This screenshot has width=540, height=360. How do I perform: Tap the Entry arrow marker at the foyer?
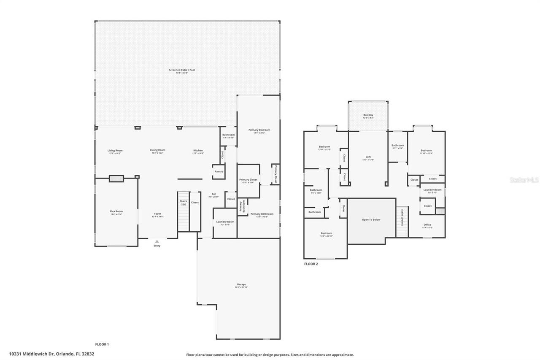(x=157, y=241)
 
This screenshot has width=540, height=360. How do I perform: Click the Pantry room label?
(x=219, y=171)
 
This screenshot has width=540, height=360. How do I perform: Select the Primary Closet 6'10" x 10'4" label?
(x=248, y=181)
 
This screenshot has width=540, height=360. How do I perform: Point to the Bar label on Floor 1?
(x=214, y=195)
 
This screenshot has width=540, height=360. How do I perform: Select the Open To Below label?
(x=371, y=220)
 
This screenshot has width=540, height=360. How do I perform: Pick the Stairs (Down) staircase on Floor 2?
(x=402, y=222)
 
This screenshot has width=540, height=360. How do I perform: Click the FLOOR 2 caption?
(x=311, y=264)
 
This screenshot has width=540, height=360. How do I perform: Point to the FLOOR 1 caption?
(x=102, y=344)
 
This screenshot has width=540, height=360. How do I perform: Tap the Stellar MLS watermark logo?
(x=524, y=180)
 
